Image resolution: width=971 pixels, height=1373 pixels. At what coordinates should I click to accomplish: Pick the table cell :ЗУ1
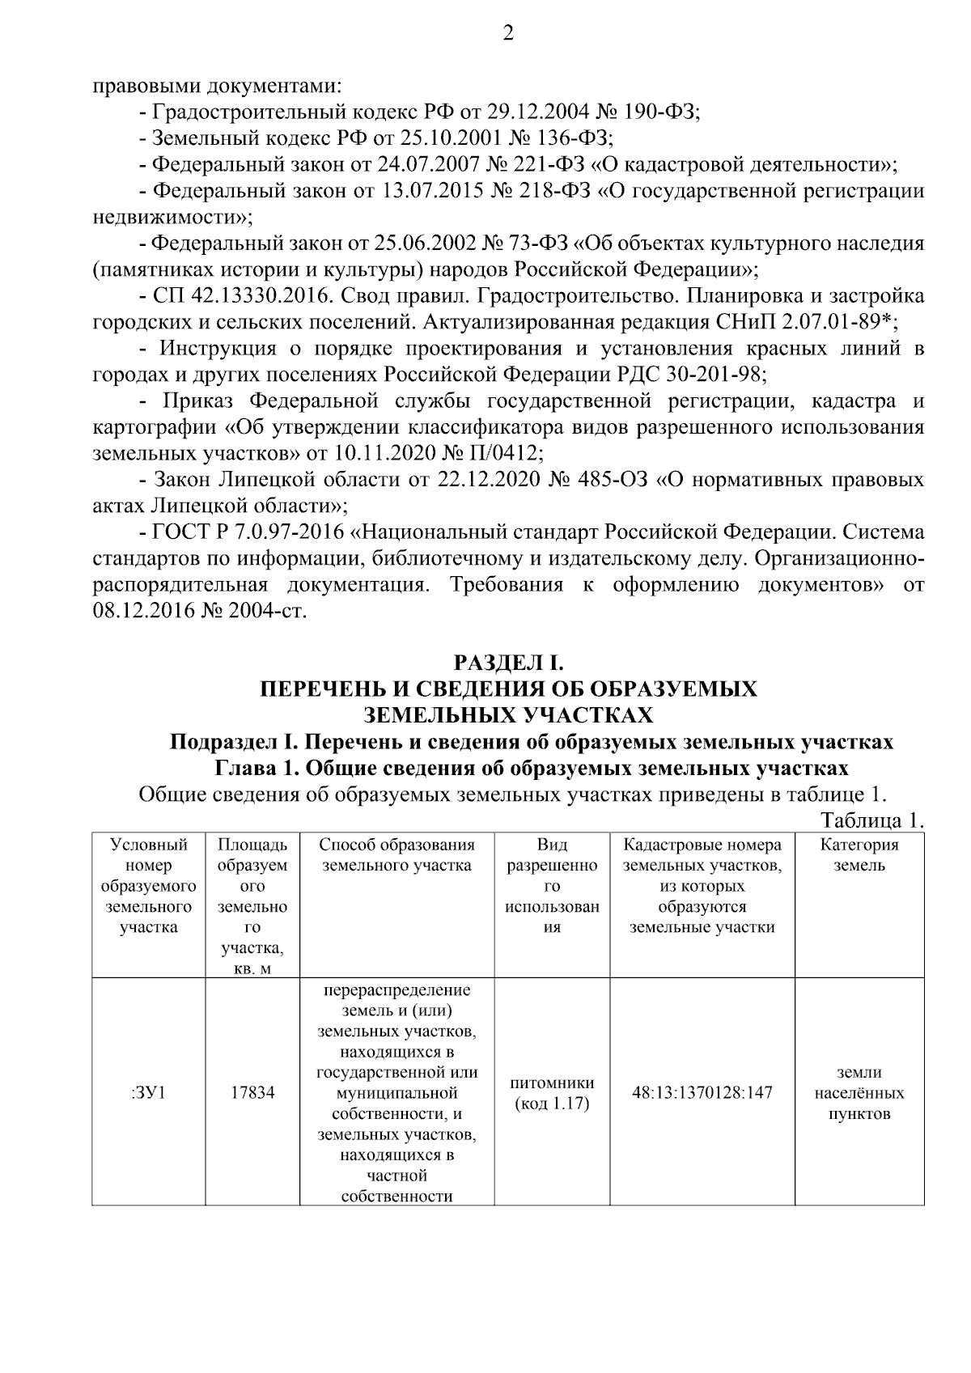[148, 1093]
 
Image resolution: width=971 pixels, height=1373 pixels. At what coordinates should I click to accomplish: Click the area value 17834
[252, 1093]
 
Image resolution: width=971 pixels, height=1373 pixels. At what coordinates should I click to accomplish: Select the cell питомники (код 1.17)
[552, 1093]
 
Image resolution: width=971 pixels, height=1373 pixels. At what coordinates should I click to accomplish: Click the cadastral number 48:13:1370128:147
[702, 1093]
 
